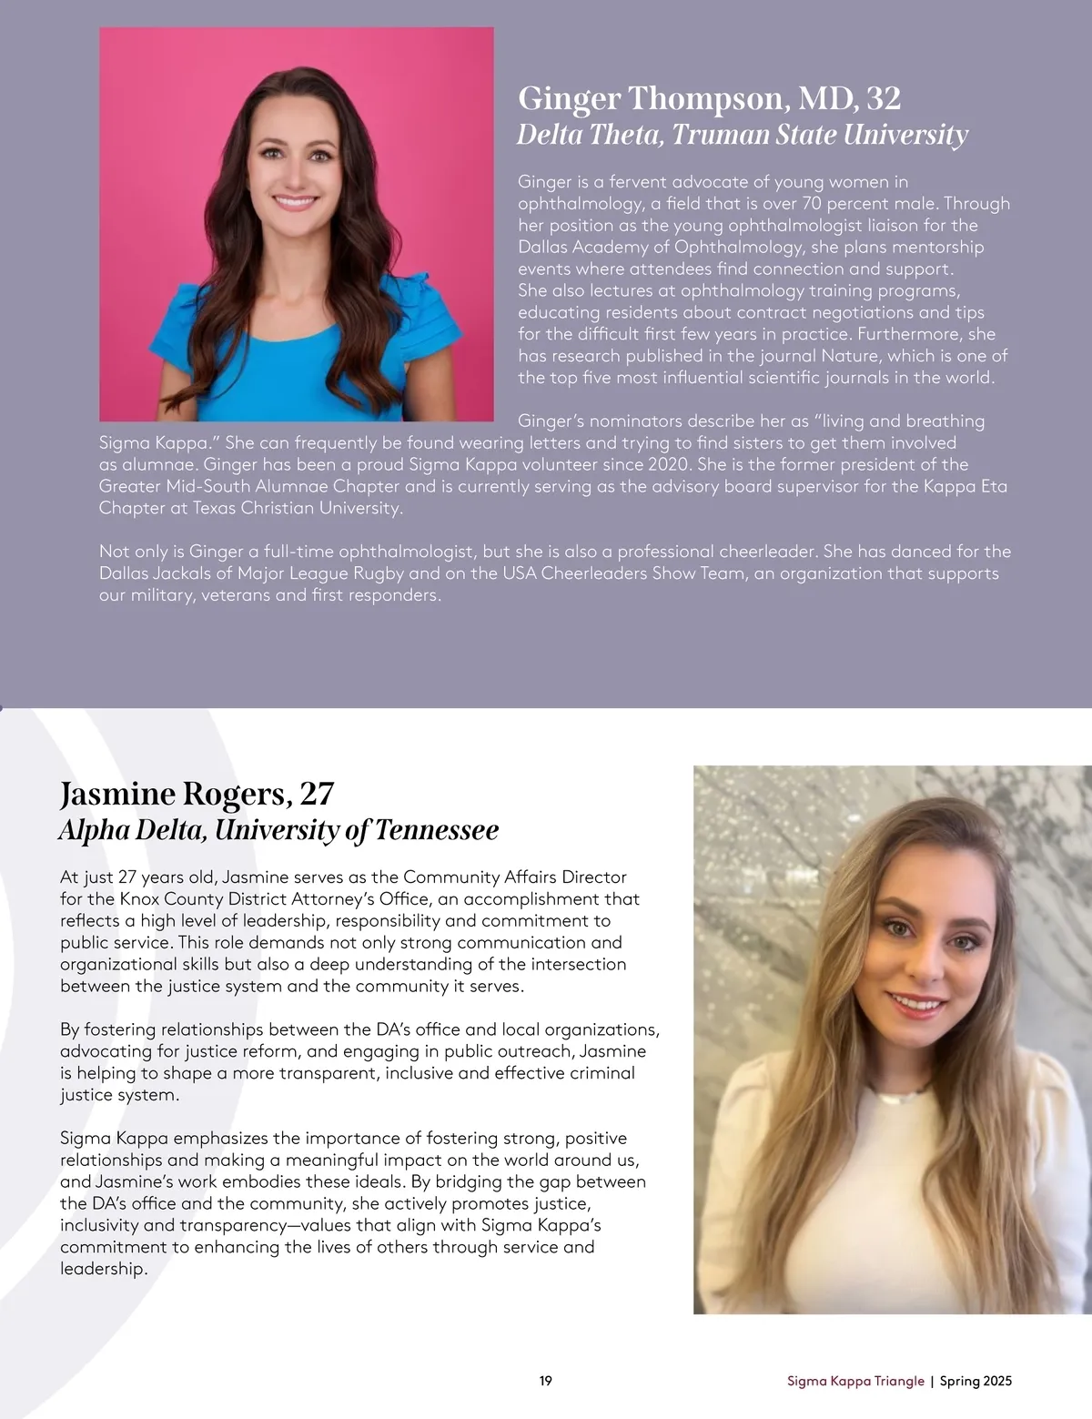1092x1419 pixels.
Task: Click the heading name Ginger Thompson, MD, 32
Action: click(x=709, y=98)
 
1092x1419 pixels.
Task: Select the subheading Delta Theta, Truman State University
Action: click(x=742, y=135)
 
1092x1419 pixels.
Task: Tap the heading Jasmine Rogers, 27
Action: click(x=197, y=795)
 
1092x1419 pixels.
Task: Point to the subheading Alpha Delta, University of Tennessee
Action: click(x=278, y=830)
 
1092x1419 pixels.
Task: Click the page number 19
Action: click(x=546, y=1381)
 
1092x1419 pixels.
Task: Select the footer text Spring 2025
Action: click(x=976, y=1381)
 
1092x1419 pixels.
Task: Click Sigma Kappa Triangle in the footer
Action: click(x=855, y=1381)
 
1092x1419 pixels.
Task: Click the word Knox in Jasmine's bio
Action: click(x=140, y=899)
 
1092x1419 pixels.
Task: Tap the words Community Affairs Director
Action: click(x=514, y=877)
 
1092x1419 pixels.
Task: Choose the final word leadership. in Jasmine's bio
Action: click(x=103, y=1269)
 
